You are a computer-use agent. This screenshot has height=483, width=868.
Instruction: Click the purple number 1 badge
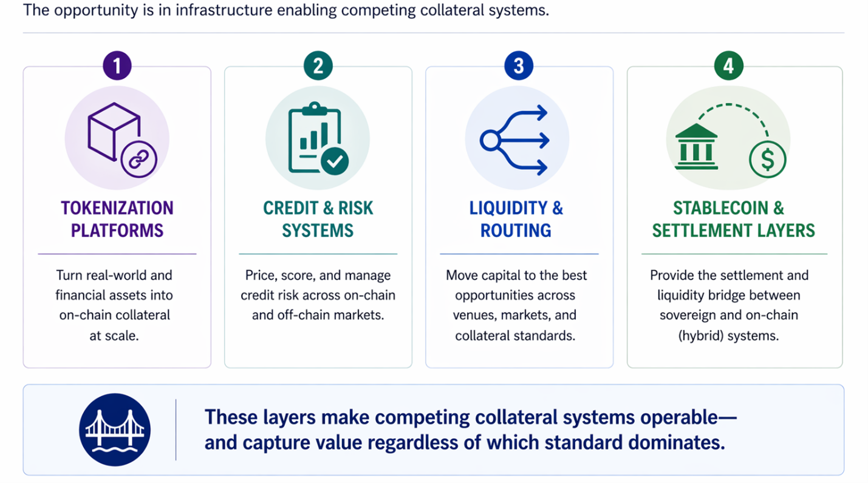(x=117, y=65)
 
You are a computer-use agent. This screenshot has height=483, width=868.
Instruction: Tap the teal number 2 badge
(x=318, y=65)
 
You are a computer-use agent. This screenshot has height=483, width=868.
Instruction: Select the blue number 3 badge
(x=519, y=65)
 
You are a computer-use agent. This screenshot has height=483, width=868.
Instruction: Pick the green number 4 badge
(x=728, y=65)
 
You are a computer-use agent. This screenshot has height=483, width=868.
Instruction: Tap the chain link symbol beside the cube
(x=139, y=159)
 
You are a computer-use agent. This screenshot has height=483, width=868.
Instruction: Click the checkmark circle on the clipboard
(x=335, y=161)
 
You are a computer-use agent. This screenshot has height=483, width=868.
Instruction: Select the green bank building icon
(x=696, y=147)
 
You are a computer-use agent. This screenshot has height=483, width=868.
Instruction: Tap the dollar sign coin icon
(x=767, y=160)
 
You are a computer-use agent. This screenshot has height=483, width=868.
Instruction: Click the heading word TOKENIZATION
(x=117, y=208)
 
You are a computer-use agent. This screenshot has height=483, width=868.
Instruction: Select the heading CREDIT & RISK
(x=318, y=208)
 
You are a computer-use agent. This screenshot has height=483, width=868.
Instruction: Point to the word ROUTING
(x=516, y=231)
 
